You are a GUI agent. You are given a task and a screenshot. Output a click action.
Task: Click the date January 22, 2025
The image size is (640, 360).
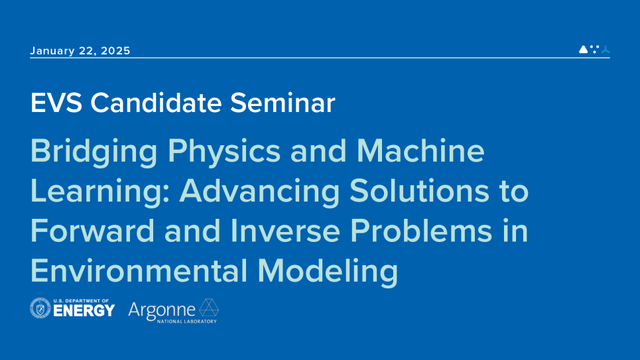pos(80,50)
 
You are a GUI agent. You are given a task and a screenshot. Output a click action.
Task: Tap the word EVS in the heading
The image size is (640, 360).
pos(56,103)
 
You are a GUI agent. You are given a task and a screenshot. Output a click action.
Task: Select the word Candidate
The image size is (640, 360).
pos(156,102)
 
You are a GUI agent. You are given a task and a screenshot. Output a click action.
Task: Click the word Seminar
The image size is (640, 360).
pos(283,102)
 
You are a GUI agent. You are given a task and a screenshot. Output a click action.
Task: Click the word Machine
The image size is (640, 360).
pos(420,150)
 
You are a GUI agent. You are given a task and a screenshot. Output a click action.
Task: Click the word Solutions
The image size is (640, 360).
pos(419,191)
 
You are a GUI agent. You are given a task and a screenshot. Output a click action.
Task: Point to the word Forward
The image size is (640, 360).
pos(93,231)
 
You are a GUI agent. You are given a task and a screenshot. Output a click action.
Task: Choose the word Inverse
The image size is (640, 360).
pos(285,231)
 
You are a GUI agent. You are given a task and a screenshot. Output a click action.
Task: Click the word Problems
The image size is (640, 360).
pos(421,231)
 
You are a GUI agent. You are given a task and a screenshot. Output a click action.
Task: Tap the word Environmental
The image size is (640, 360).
pos(139,270)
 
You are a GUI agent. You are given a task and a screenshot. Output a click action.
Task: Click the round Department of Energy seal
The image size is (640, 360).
pos(40,308)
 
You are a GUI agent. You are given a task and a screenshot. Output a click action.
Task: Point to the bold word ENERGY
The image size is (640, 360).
pos(84,311)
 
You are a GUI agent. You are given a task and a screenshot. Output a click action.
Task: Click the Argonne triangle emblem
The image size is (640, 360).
pos(209,308)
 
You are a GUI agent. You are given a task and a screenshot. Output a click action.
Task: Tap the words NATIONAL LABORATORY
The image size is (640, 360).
pos(187,322)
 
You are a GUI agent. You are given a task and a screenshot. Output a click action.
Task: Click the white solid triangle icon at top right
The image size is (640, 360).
pos(583,49)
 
